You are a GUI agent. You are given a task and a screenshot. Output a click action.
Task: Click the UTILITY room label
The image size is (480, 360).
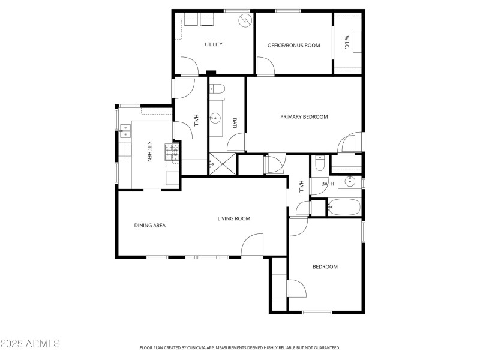(214, 44)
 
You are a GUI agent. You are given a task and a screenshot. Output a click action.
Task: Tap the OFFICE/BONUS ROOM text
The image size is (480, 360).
(293, 44)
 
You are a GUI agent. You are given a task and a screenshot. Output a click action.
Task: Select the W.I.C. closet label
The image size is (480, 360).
(347, 42)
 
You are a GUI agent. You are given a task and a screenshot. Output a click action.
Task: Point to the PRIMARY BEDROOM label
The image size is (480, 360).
(304, 116)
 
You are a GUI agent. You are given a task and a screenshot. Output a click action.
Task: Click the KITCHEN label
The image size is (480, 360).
(149, 151)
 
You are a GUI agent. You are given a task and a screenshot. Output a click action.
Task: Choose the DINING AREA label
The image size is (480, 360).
(149, 226)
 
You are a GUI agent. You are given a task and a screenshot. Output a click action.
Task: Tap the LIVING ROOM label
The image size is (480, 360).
(233, 218)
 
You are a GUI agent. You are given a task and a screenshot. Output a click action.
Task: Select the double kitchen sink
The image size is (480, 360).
(125, 131)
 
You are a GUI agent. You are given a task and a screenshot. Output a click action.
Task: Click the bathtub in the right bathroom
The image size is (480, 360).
(344, 207)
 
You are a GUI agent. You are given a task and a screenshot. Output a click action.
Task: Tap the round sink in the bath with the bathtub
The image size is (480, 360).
(350, 181)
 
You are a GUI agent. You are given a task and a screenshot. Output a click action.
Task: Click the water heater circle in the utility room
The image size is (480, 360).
(244, 22)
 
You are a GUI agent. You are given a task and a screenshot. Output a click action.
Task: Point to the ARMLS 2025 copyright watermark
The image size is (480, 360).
(30, 344)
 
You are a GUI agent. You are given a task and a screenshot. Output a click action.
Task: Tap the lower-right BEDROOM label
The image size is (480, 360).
(325, 266)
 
